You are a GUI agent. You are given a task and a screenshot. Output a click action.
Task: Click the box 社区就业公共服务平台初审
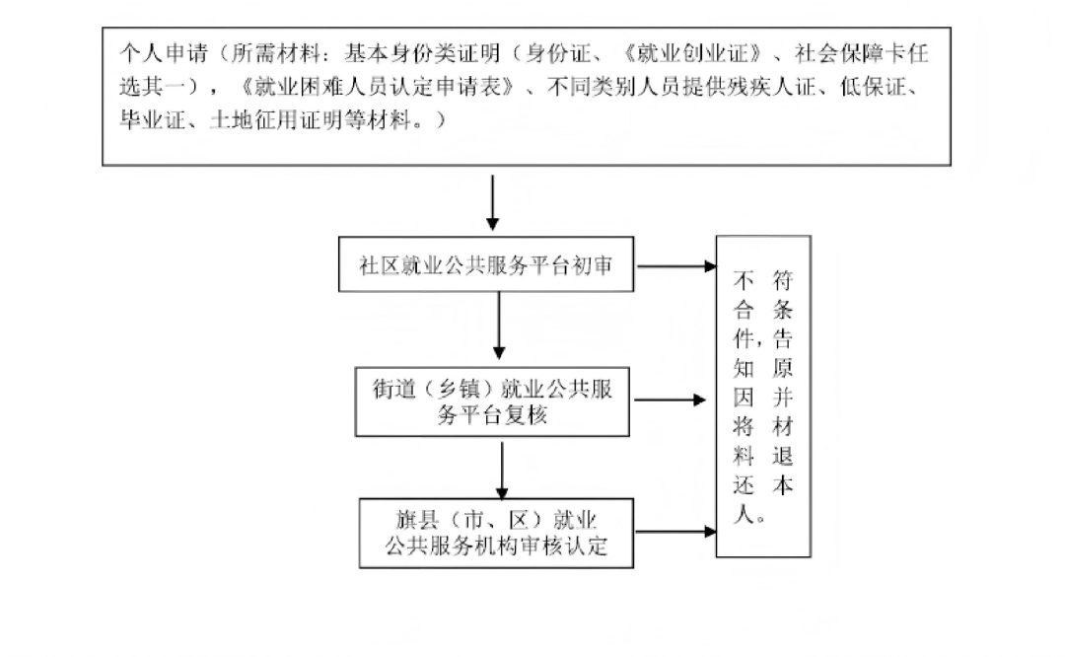coord(486,264)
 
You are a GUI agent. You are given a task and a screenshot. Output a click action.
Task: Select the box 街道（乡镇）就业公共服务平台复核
coord(492,401)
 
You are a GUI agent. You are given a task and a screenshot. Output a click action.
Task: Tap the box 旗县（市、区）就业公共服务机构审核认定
coord(495,533)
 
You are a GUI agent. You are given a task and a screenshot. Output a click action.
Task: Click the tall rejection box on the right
coord(763,397)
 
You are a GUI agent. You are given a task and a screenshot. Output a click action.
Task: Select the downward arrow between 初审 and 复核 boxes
coord(499,328)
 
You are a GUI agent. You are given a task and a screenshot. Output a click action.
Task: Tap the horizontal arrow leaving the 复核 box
coord(669,401)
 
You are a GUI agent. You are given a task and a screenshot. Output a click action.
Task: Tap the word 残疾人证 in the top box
coord(760,86)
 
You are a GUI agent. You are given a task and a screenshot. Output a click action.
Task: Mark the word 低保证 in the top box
coord(874,86)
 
